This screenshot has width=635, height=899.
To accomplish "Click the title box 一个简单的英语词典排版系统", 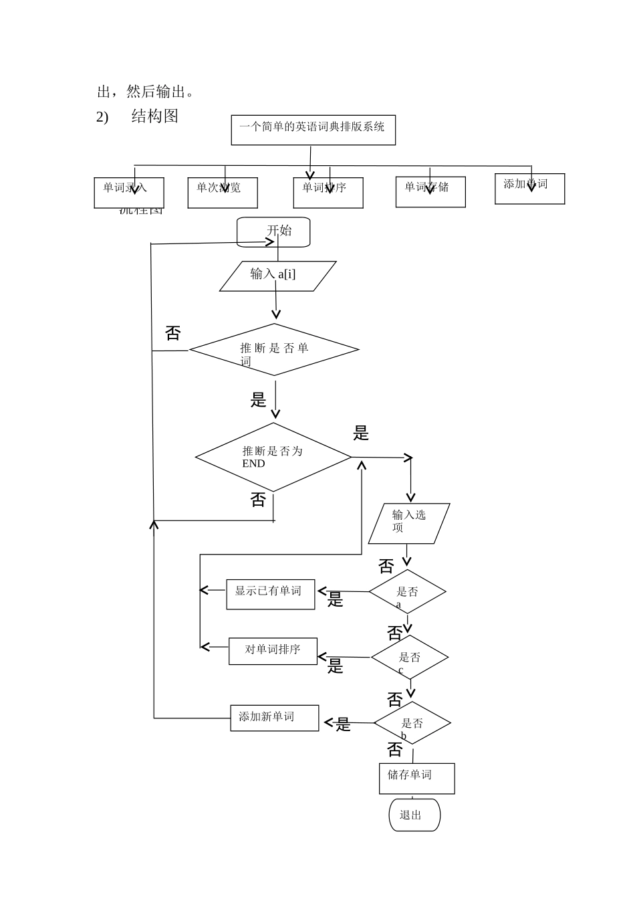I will point(313,130).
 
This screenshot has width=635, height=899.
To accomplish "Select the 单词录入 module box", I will point(129,193).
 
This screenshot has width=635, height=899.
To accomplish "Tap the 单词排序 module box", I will point(328,193).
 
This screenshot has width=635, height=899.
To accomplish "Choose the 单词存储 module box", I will point(430,192).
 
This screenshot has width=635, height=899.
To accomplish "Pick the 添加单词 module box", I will point(529,189).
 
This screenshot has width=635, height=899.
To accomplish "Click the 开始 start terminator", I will point(273,231).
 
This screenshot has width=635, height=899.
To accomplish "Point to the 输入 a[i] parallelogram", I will point(277,276).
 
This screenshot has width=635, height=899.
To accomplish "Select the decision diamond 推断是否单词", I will point(274,350).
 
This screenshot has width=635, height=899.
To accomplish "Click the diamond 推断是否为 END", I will point(273,458).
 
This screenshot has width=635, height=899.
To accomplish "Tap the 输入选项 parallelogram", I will point(409,523).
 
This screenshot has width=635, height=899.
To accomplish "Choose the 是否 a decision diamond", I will point(407,592).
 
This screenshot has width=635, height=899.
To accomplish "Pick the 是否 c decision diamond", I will point(410,658).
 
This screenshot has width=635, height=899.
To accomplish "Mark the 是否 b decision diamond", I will point(412,723).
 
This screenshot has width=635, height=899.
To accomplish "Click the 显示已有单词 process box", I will point(270,594).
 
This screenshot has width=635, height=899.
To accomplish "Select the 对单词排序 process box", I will point(273,651).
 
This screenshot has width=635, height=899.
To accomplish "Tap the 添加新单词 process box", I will point(274,718).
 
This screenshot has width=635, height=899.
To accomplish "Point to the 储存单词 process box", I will point(416,779).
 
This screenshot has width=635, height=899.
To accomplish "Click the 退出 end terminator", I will point(414,815).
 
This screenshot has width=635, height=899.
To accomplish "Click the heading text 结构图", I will point(155,116).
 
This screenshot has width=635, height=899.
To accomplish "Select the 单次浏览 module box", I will point(223,193).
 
